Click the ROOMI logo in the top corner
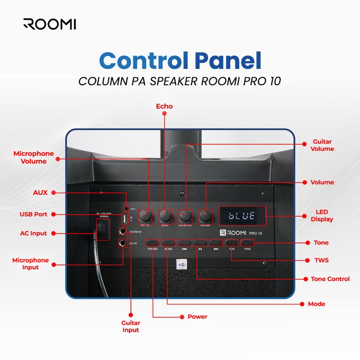pyautogui.click(x=50, y=24)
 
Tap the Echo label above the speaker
pyautogui.click(x=164, y=106)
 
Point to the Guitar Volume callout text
pyautogui.click(x=323, y=145)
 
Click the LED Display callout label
pyautogui.click(x=322, y=216)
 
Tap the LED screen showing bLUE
pyautogui.click(x=241, y=216)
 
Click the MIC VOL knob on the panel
pyautogui.click(x=146, y=216)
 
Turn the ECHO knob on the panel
pyautogui.click(x=166, y=216)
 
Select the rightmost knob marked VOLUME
pyautogui.click(x=205, y=216)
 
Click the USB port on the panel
pyautogui.click(x=124, y=219)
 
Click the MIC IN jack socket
pyautogui.click(x=122, y=243)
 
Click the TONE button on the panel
pyautogui.click(x=247, y=242)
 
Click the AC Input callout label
pyautogui.click(x=34, y=233)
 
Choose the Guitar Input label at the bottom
pyautogui.click(x=131, y=326)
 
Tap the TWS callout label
pyautogui.click(x=321, y=260)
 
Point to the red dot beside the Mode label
pyautogui.click(x=301, y=303)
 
